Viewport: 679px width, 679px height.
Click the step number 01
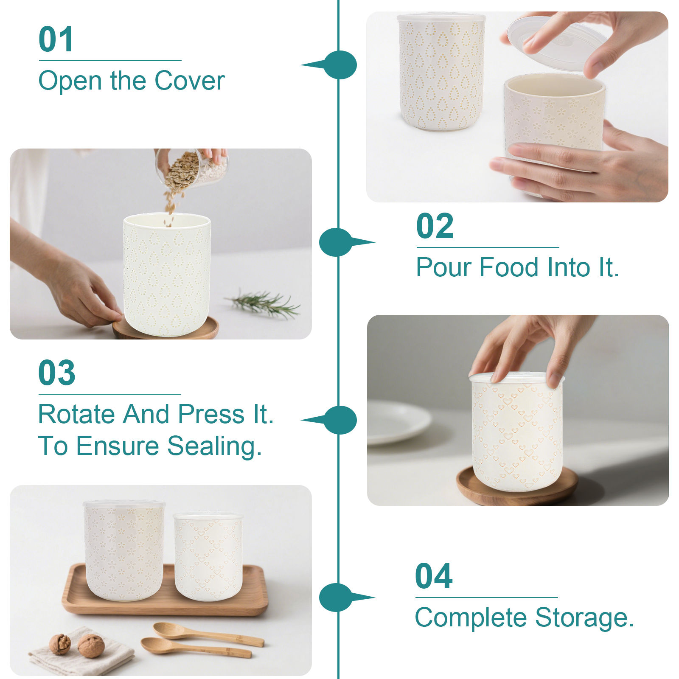[x=56, y=39]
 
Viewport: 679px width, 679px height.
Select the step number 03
[x=57, y=373]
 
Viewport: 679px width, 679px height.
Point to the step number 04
[x=434, y=576]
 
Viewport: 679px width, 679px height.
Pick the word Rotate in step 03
[x=76, y=414]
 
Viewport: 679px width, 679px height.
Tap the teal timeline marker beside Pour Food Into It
[x=342, y=242]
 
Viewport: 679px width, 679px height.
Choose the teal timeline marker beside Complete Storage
[x=342, y=598]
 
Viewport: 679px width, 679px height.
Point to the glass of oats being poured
[x=193, y=168]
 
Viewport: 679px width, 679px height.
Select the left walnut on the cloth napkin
[x=60, y=644]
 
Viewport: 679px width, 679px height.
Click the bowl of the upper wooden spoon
[x=166, y=630]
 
